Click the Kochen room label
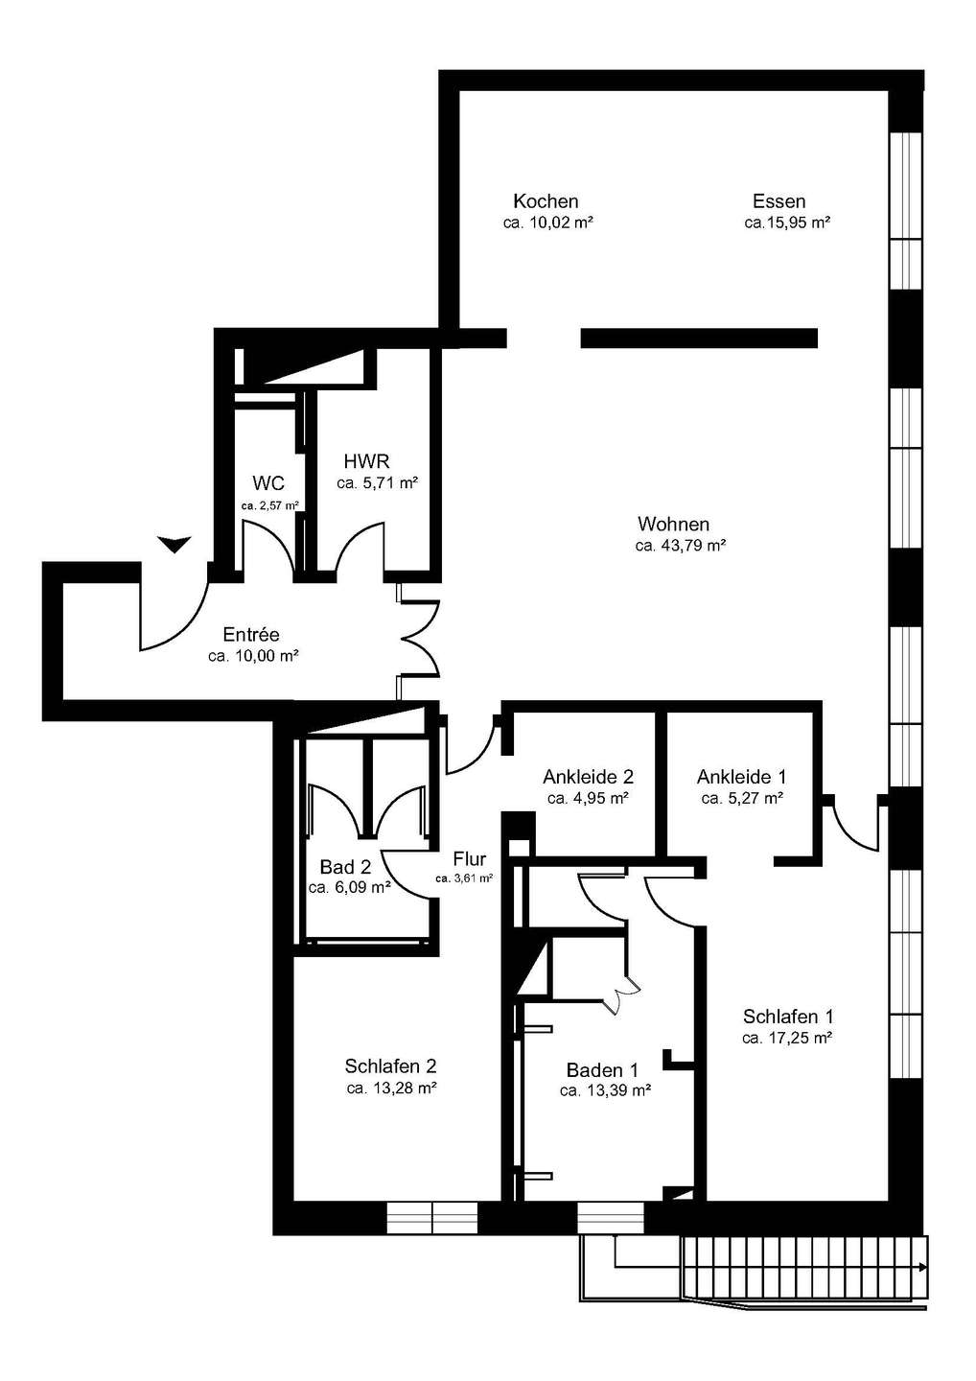coord(546,201)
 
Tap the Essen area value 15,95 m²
coord(795,222)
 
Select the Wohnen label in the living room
coord(673,524)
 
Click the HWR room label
coord(366,461)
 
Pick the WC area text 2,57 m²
coord(278,505)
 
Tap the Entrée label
coord(251,635)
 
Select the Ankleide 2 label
coord(588,776)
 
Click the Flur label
coord(470,858)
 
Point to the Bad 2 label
coord(345,867)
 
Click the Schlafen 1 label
coord(788,1016)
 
